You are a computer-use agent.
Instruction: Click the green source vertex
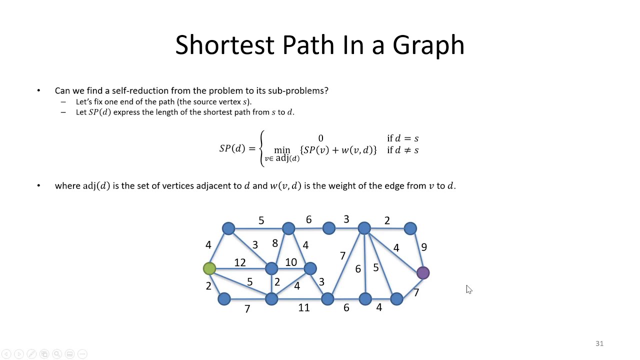click(209, 269)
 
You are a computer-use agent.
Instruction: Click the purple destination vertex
click(423, 272)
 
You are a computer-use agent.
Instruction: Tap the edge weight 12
click(240, 262)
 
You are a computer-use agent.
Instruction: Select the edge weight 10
click(291, 262)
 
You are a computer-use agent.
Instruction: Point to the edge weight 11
click(304, 308)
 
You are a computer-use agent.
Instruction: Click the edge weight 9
click(424, 247)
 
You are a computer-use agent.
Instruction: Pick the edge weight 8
click(275, 243)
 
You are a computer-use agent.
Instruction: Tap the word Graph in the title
click(428, 45)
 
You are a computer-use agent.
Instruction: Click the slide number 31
click(599, 343)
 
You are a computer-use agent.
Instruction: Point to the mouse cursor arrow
click(468, 289)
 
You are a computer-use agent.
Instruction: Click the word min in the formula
click(282, 150)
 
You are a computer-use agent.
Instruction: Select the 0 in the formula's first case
click(320, 138)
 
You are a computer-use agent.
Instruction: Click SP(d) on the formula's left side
click(232, 148)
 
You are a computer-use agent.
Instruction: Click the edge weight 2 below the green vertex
click(208, 286)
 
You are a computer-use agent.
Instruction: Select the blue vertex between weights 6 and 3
click(329, 228)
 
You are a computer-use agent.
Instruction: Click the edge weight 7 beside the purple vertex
click(416, 292)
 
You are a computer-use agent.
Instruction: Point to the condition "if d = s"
click(402, 138)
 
